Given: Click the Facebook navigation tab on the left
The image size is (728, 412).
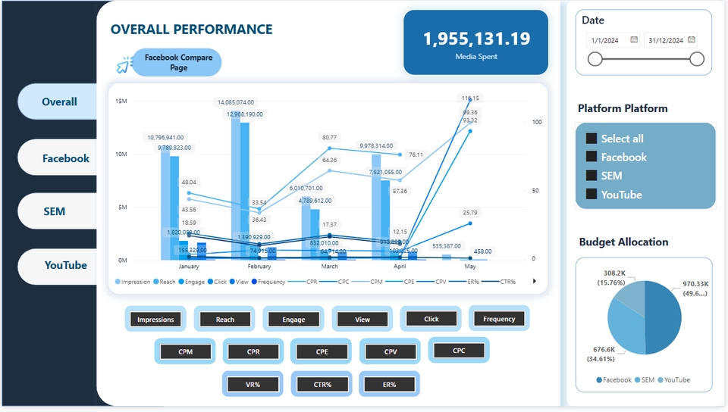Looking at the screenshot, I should tap(65, 158).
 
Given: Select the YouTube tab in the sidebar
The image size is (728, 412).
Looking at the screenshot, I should tap(65, 266).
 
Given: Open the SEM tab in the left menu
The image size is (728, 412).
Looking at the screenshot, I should tap(54, 211).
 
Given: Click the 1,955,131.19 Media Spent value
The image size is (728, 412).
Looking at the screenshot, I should tap(476, 39).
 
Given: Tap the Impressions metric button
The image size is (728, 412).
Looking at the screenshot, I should tap(155, 320).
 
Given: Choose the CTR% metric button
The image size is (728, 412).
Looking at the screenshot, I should tap(322, 385).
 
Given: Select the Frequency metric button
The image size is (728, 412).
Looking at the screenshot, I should tap(498, 319).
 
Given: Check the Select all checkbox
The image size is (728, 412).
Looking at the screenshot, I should tap(591, 139).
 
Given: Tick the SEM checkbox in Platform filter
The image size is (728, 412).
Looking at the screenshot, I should tap(591, 176).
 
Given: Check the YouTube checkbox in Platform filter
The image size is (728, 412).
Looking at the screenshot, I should tap(591, 195).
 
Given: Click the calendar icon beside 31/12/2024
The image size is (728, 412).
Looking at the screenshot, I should tap(692, 40).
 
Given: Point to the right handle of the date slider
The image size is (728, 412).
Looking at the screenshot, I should tap(697, 59).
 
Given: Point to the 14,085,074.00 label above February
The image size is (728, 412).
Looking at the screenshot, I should tap(236, 102).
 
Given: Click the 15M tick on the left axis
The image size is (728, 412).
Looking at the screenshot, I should tap(121, 101).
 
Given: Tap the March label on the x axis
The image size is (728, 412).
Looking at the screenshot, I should tap(328, 267).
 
